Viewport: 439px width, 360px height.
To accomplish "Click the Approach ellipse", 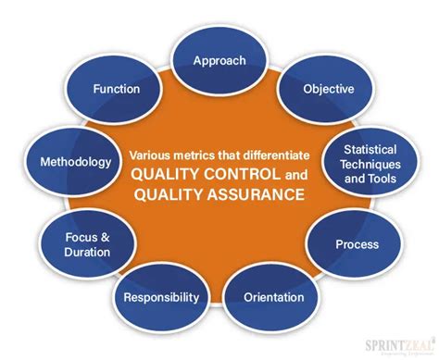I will tap(219, 60).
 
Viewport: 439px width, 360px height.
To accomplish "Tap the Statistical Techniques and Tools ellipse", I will tap(370, 164).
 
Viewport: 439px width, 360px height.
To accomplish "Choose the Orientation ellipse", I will tap(273, 297).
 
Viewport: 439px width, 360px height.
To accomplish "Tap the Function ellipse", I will tap(116, 90).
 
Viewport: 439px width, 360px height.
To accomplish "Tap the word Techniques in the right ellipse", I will tap(370, 164).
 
